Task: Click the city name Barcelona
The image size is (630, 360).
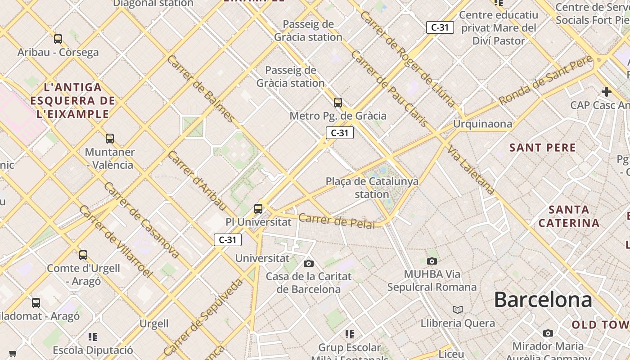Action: (x=543, y=300)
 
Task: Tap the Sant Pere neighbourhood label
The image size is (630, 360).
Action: (x=542, y=148)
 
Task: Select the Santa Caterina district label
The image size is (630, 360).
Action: (x=569, y=216)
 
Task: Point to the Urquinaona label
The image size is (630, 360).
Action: (x=482, y=124)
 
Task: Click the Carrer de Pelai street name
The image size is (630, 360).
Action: (x=337, y=220)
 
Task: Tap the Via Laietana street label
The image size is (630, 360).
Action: (x=471, y=170)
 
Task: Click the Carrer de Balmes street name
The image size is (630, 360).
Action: (x=200, y=89)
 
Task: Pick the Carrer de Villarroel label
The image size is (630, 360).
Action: (x=116, y=241)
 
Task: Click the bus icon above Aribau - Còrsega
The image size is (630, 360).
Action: (x=58, y=39)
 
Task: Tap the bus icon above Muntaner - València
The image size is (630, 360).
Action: (x=110, y=138)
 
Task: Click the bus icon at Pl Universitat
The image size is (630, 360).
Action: (x=258, y=208)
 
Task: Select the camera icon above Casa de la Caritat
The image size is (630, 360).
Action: (x=309, y=263)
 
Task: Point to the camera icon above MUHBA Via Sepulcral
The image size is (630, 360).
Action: (x=432, y=261)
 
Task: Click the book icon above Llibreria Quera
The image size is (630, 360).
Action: (x=458, y=310)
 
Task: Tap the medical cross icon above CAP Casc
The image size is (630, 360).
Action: (x=606, y=92)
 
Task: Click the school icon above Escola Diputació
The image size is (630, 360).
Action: (x=93, y=337)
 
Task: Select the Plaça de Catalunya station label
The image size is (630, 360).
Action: (x=372, y=188)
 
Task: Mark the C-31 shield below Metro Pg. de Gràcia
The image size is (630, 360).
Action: (x=340, y=133)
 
